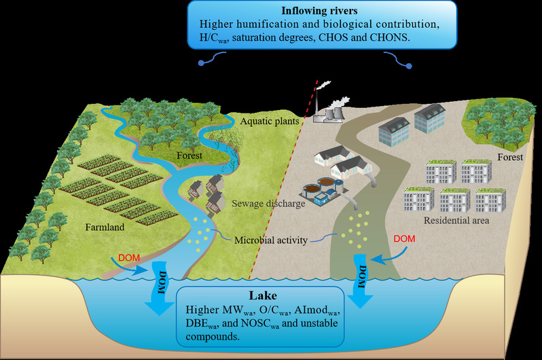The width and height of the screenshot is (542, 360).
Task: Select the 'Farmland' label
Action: (x=105, y=228)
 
